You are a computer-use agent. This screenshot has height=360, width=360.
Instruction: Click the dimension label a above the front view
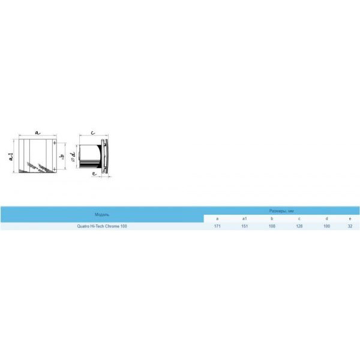(x=37, y=130)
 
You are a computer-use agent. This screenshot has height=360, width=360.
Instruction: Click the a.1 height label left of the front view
(x=9, y=157)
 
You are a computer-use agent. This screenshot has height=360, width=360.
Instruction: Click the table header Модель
(x=102, y=214)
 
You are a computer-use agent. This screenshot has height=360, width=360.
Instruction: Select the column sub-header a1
(x=244, y=219)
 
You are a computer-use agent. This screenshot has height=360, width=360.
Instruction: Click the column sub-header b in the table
(x=271, y=219)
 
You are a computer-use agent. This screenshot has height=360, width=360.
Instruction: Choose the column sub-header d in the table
(x=326, y=219)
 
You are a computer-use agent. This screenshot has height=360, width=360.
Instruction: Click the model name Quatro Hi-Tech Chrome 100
(x=102, y=226)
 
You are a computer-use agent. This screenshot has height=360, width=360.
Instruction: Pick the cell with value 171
(x=217, y=226)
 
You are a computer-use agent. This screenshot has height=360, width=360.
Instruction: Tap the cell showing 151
(x=244, y=226)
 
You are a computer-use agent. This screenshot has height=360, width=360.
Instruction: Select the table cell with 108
(x=271, y=226)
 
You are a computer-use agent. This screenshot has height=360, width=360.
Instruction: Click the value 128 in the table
(x=299, y=226)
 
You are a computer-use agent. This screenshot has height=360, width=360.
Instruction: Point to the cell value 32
(x=350, y=226)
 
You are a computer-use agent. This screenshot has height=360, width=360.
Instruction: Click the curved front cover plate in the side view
(x=106, y=157)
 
